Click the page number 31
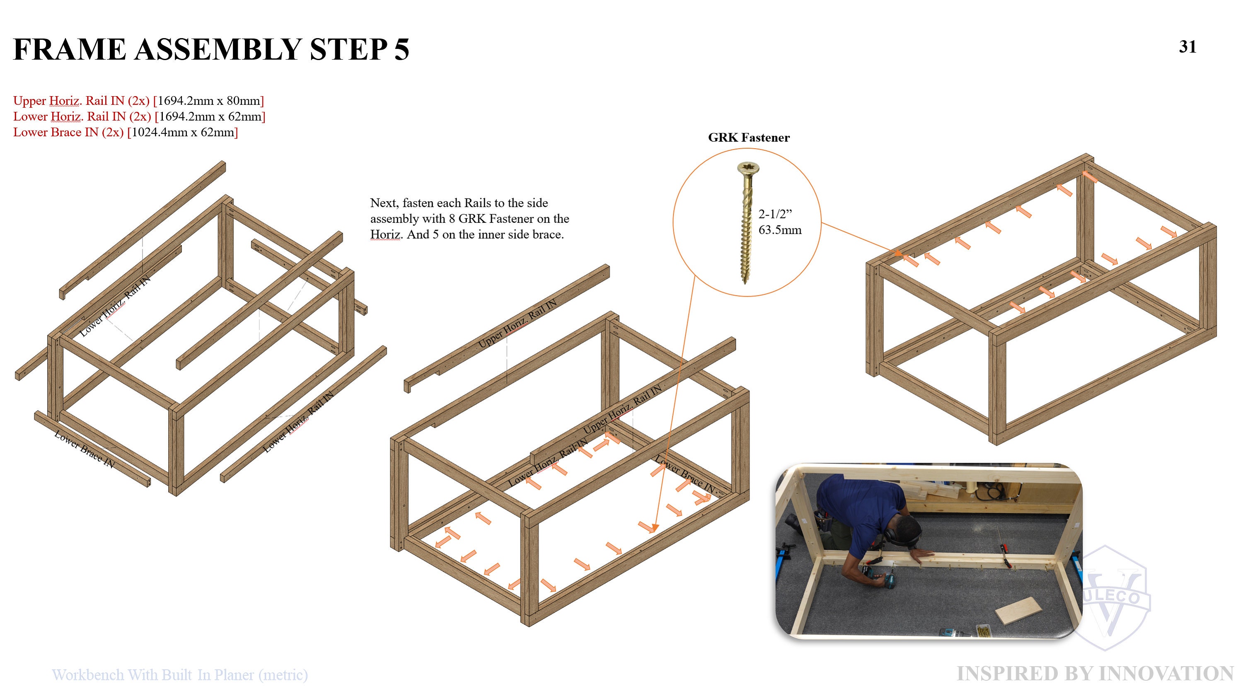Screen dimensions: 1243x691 tap(1187, 47)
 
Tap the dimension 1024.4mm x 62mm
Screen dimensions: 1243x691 tap(182, 132)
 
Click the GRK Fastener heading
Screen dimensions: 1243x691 tap(749, 138)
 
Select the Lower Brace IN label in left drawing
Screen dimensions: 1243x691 tap(85, 449)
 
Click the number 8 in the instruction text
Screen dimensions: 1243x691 tap(452, 219)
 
